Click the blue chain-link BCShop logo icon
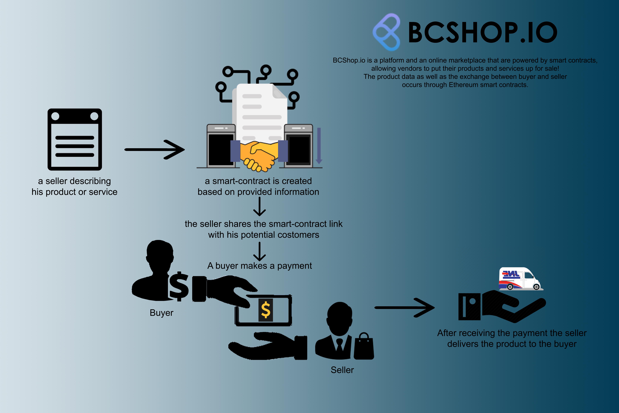pyautogui.click(x=386, y=32)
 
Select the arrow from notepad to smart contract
pyautogui.click(x=155, y=150)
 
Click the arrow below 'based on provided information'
pyautogui.click(x=260, y=207)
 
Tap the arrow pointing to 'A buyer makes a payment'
pyautogui.click(x=260, y=252)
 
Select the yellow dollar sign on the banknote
pyautogui.click(x=265, y=310)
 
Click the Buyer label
pyautogui.click(x=161, y=313)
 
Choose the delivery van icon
pyautogui.click(x=520, y=279)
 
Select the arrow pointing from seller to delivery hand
pyautogui.click(x=405, y=307)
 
